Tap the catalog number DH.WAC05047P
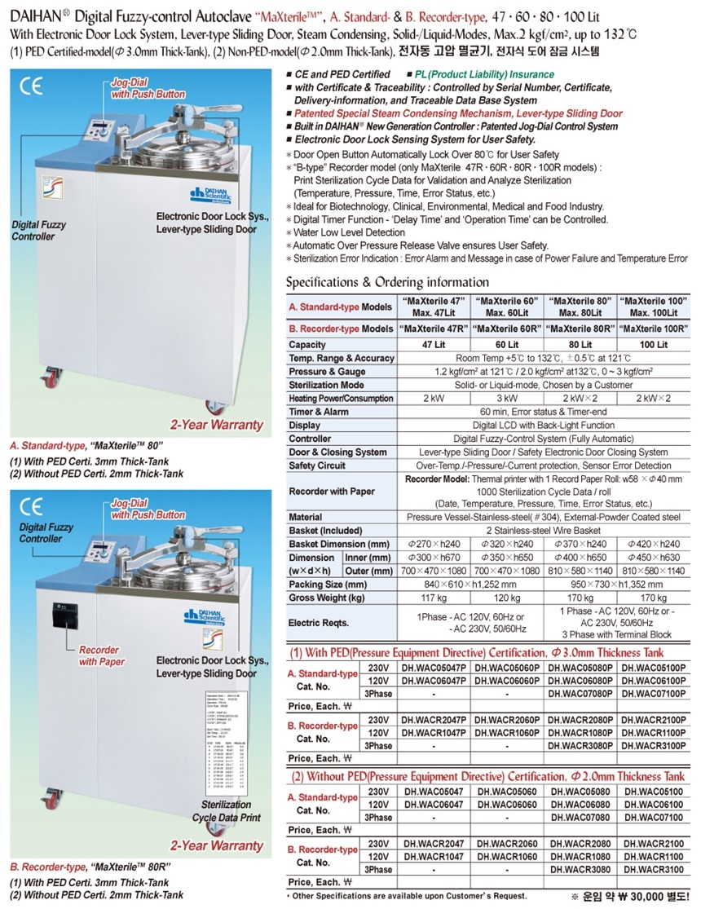click(x=433, y=666)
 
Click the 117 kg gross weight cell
click(x=433, y=598)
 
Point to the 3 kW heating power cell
click(x=506, y=398)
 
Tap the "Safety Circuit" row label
click(x=319, y=466)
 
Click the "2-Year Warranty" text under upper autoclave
click(x=217, y=424)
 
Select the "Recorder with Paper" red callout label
click(x=101, y=656)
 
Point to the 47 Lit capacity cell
click(x=433, y=345)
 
